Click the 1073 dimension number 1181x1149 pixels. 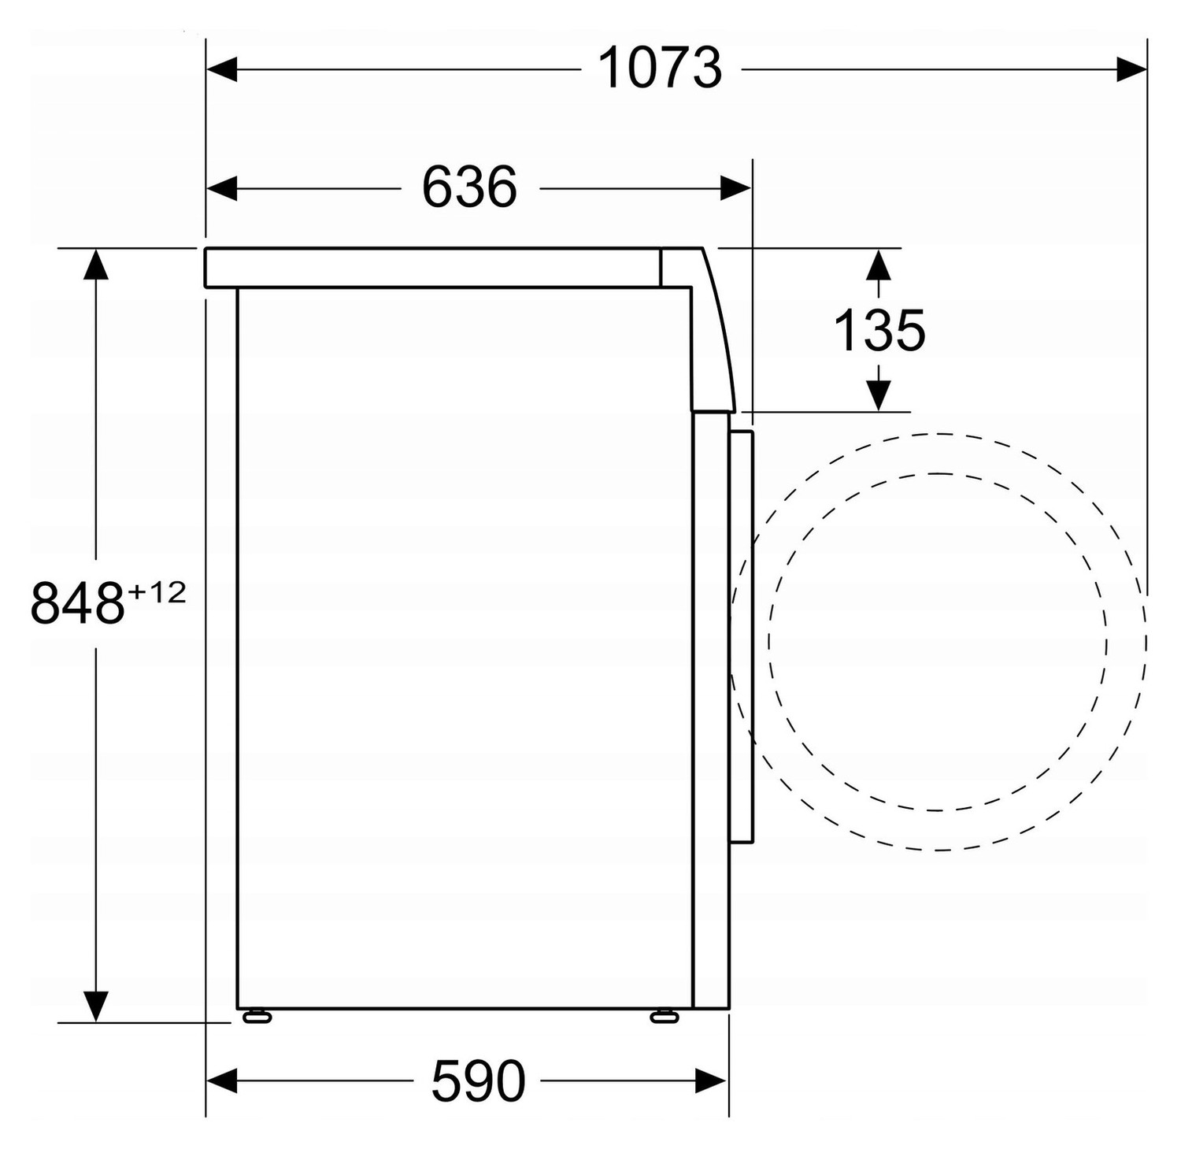(x=660, y=68)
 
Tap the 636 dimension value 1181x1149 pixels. (x=469, y=187)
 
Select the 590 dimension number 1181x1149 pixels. (x=478, y=1080)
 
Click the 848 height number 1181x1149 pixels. (x=77, y=603)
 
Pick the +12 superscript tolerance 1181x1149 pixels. (x=156, y=591)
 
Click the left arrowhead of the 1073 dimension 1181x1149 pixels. (x=221, y=69)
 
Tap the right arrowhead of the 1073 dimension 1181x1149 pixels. (x=1131, y=69)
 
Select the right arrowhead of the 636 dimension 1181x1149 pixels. (x=735, y=188)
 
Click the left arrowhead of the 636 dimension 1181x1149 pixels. (x=221, y=188)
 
